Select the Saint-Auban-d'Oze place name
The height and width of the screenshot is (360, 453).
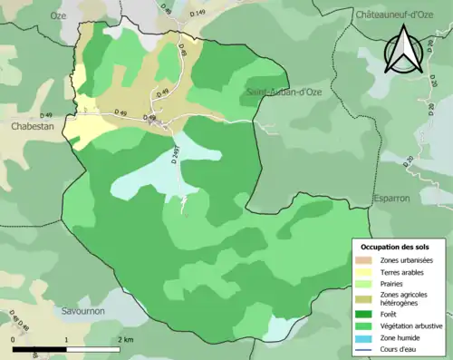(x=283, y=92)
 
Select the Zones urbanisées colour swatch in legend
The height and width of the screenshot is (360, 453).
(x=365, y=261)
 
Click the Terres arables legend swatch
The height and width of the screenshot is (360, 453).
(x=365, y=272)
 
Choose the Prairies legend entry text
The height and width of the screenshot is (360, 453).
(x=395, y=283)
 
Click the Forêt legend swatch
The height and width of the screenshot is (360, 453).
(x=365, y=314)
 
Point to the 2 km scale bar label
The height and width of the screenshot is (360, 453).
(x=126, y=339)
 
